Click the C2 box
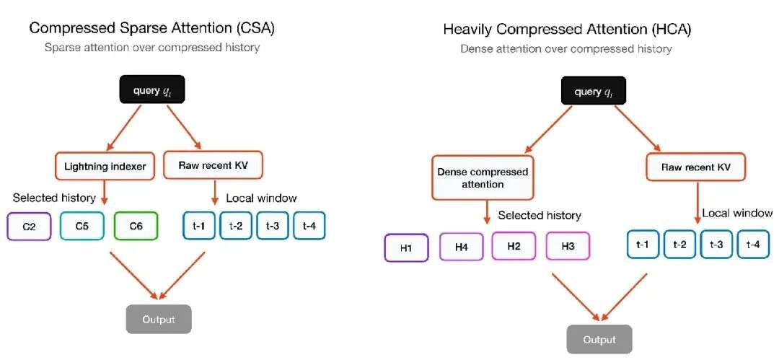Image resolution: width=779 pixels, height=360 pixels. pos(29,227)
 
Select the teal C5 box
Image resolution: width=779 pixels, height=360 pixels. pos(82,227)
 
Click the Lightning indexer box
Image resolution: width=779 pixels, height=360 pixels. pos(105,167)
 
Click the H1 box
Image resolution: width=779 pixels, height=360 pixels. pos(406,247)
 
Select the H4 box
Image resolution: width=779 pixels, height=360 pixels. pos(461,247)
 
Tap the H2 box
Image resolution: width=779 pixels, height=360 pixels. pos(514,247)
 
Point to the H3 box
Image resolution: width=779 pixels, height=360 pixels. pos(568,247)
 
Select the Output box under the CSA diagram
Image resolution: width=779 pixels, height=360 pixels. pos(159,319)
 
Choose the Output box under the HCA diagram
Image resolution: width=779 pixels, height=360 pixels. pos(599,340)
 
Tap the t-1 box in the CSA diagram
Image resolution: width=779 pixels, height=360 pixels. pos(198,227)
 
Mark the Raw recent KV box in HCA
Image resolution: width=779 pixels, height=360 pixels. pos(696,167)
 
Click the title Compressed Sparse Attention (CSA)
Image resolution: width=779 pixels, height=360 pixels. pos(151,28)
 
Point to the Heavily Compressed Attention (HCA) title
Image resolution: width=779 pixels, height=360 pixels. pos(567,30)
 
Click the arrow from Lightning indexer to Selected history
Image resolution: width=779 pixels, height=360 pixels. pos(105,193)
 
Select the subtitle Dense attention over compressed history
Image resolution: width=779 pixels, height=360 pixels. pos(566,49)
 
